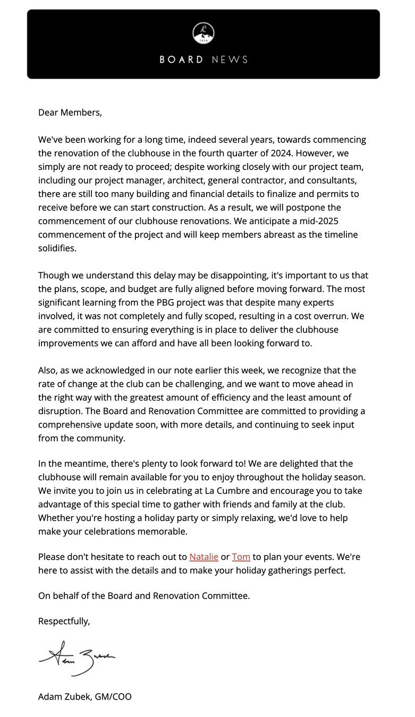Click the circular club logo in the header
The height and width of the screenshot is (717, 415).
[204, 33]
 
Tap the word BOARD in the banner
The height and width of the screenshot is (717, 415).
[181, 59]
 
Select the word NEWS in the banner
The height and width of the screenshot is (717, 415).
[230, 59]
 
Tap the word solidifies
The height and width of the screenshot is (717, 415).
[57, 248]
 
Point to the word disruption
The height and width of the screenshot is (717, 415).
[60, 411]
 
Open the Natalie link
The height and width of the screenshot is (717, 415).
[204, 557]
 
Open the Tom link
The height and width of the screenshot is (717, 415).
[241, 557]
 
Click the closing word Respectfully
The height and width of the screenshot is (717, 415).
[64, 621]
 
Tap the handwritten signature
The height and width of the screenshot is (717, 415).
[77, 659]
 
